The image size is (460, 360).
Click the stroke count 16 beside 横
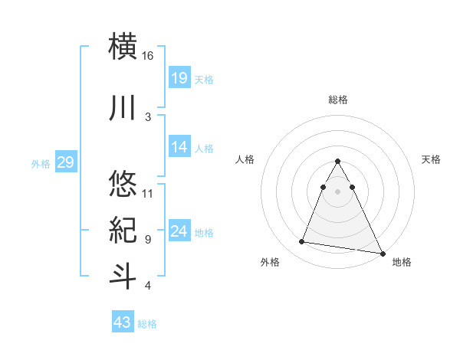(x=148, y=56)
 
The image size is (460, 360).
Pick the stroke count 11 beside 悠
(x=148, y=192)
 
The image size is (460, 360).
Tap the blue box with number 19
(x=179, y=77)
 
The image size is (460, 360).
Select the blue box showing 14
(x=179, y=147)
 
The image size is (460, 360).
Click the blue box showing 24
(x=179, y=231)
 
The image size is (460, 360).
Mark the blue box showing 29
(x=65, y=162)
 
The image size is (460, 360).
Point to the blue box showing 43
(x=123, y=322)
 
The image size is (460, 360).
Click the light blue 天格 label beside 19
(x=204, y=79)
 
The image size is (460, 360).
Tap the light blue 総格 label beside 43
(x=147, y=324)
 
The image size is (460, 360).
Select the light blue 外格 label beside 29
(x=41, y=163)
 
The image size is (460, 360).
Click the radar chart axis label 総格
(x=337, y=100)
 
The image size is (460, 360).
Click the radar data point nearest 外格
(x=302, y=242)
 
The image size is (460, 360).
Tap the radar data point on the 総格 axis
(x=337, y=162)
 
